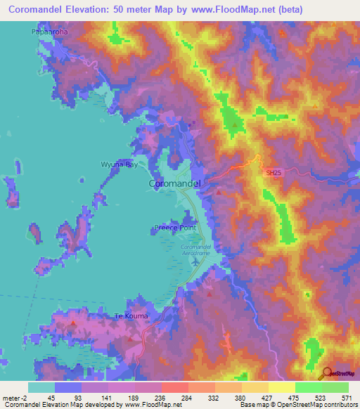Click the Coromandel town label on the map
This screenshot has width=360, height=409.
(176, 183)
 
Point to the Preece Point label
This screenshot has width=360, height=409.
(174, 228)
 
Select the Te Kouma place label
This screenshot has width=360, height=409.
(131, 316)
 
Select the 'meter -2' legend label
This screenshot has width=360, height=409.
(15, 398)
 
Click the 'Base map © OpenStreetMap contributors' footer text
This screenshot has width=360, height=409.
(296, 405)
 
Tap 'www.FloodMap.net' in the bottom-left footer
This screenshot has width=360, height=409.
(144, 405)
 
